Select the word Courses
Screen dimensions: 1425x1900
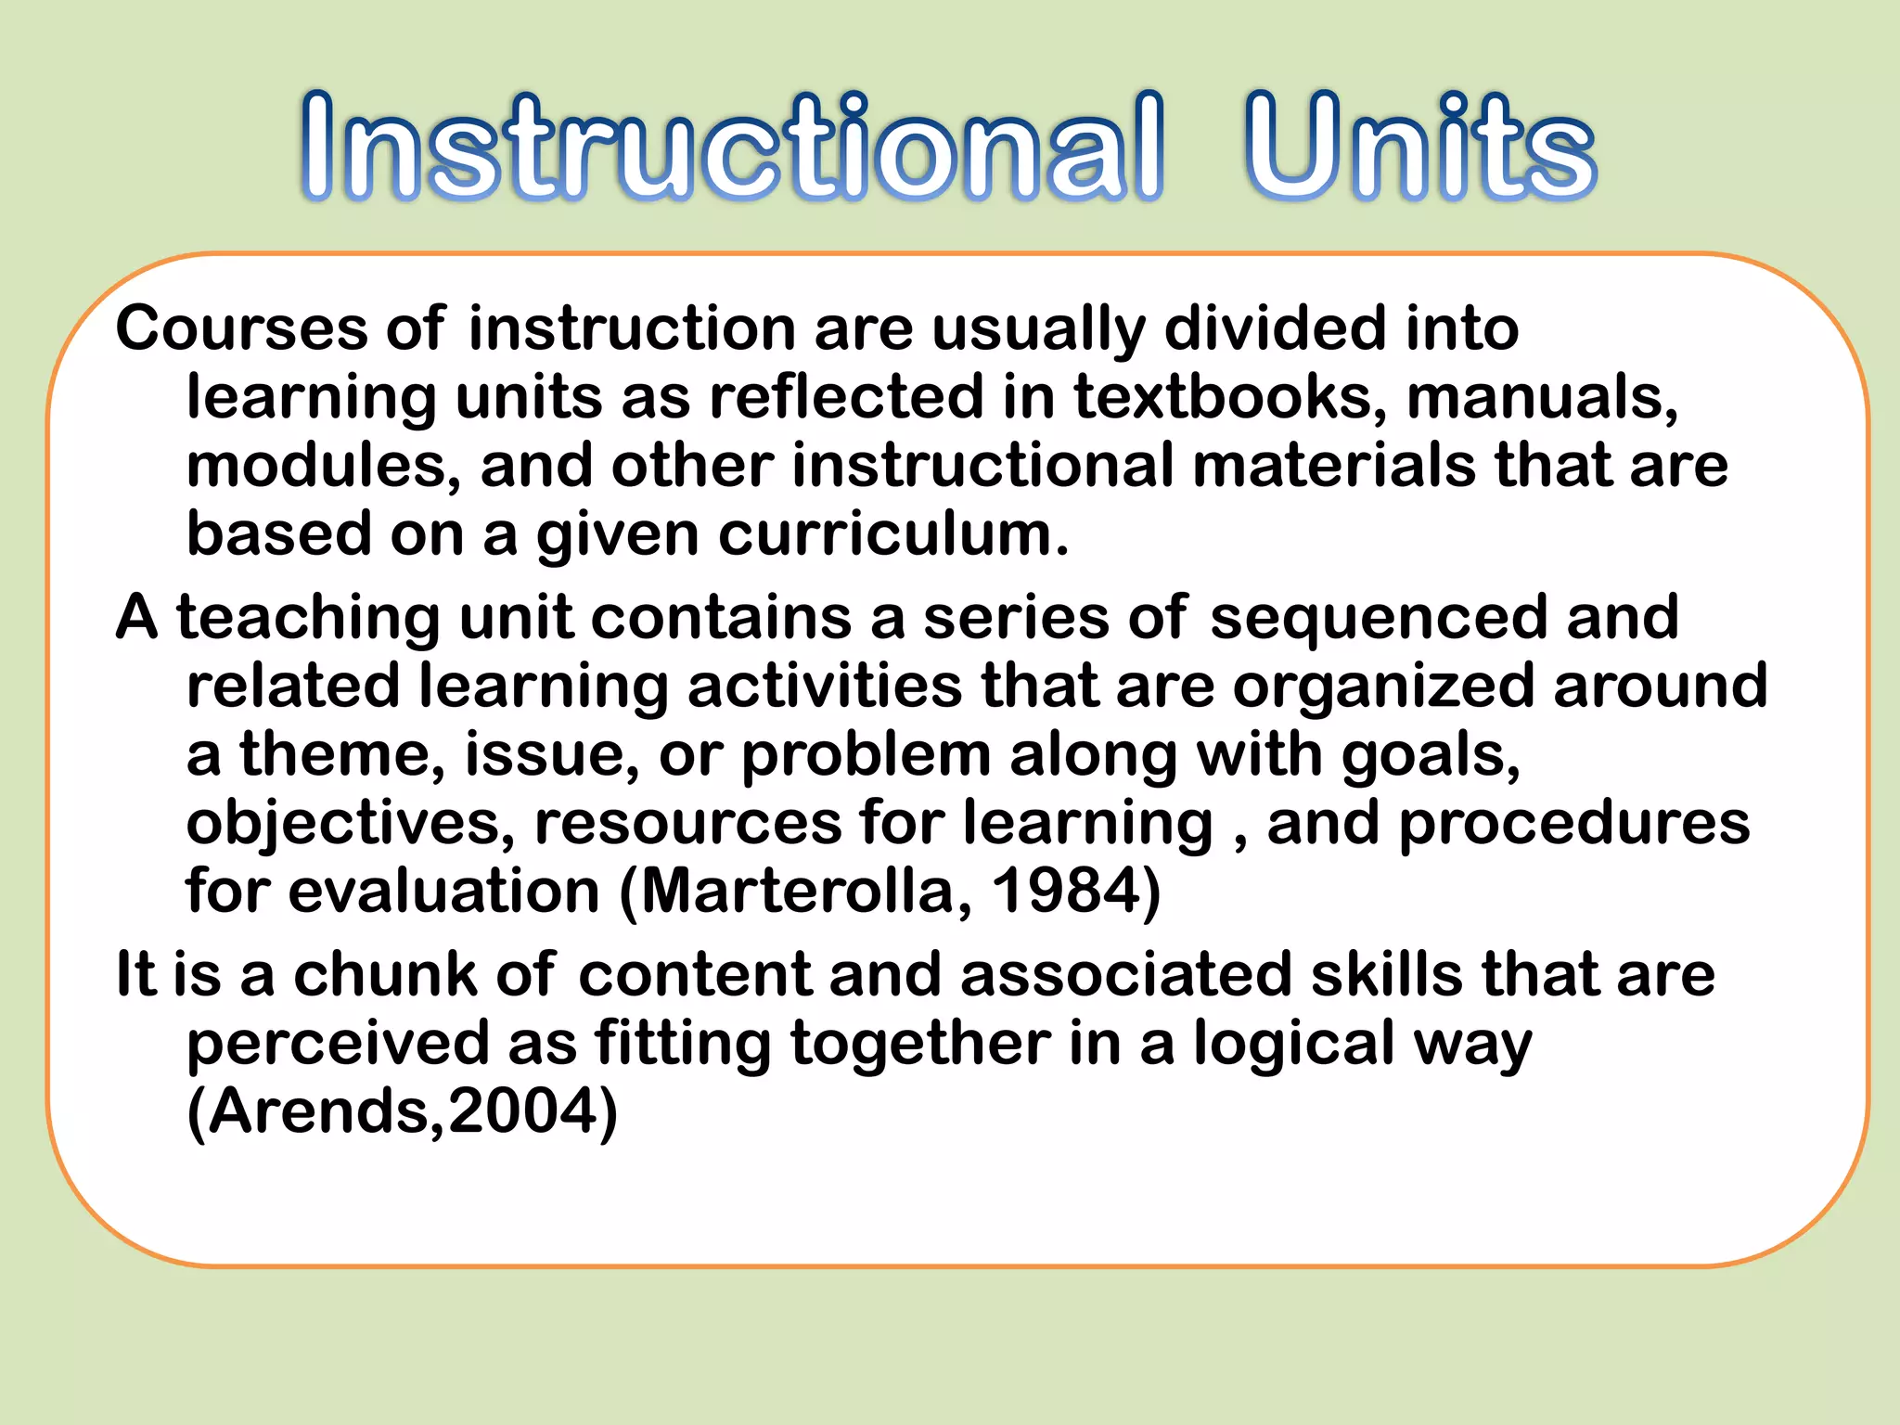pyautogui.click(x=242, y=328)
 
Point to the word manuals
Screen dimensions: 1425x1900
pyautogui.click(x=1541, y=397)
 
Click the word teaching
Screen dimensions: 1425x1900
pyautogui.click(x=309, y=618)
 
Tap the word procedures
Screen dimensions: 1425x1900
pyautogui.click(x=1573, y=824)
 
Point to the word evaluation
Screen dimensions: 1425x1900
pyautogui.click(x=444, y=892)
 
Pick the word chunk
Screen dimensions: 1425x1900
pyautogui.click(x=385, y=975)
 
